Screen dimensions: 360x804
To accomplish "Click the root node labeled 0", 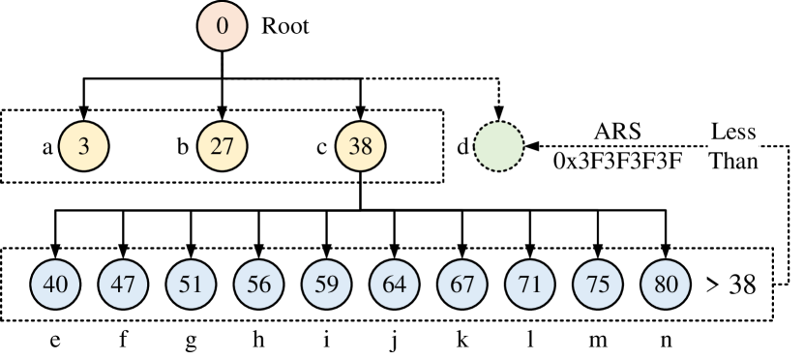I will point(223,26).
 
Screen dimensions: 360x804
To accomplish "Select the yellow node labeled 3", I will point(83,146).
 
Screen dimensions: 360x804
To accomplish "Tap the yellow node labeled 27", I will point(223,146).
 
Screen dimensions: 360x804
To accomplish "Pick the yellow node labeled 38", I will point(360,146).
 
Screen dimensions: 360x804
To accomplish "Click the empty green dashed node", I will point(498,146).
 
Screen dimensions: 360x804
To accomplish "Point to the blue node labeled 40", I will point(56,285).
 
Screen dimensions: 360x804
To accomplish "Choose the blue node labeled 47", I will point(124,285).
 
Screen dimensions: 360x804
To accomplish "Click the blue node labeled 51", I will point(192,285).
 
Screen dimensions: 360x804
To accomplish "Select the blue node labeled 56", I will point(259,285).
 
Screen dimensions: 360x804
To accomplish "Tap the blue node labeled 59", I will point(327,285).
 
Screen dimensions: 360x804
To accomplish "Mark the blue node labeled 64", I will point(395,285).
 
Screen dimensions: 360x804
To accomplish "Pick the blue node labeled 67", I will point(462,285).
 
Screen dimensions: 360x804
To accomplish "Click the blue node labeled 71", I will point(530,285).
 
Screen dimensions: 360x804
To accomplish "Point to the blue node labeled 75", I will point(598,285).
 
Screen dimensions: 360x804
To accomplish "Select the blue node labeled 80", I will point(666,285).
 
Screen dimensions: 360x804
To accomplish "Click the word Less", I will point(732,133).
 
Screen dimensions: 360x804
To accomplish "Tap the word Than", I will point(732,160).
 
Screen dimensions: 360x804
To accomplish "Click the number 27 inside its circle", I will point(223,146).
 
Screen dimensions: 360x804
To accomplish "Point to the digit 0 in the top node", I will point(223,26).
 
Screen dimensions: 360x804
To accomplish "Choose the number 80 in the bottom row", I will point(666,285).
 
